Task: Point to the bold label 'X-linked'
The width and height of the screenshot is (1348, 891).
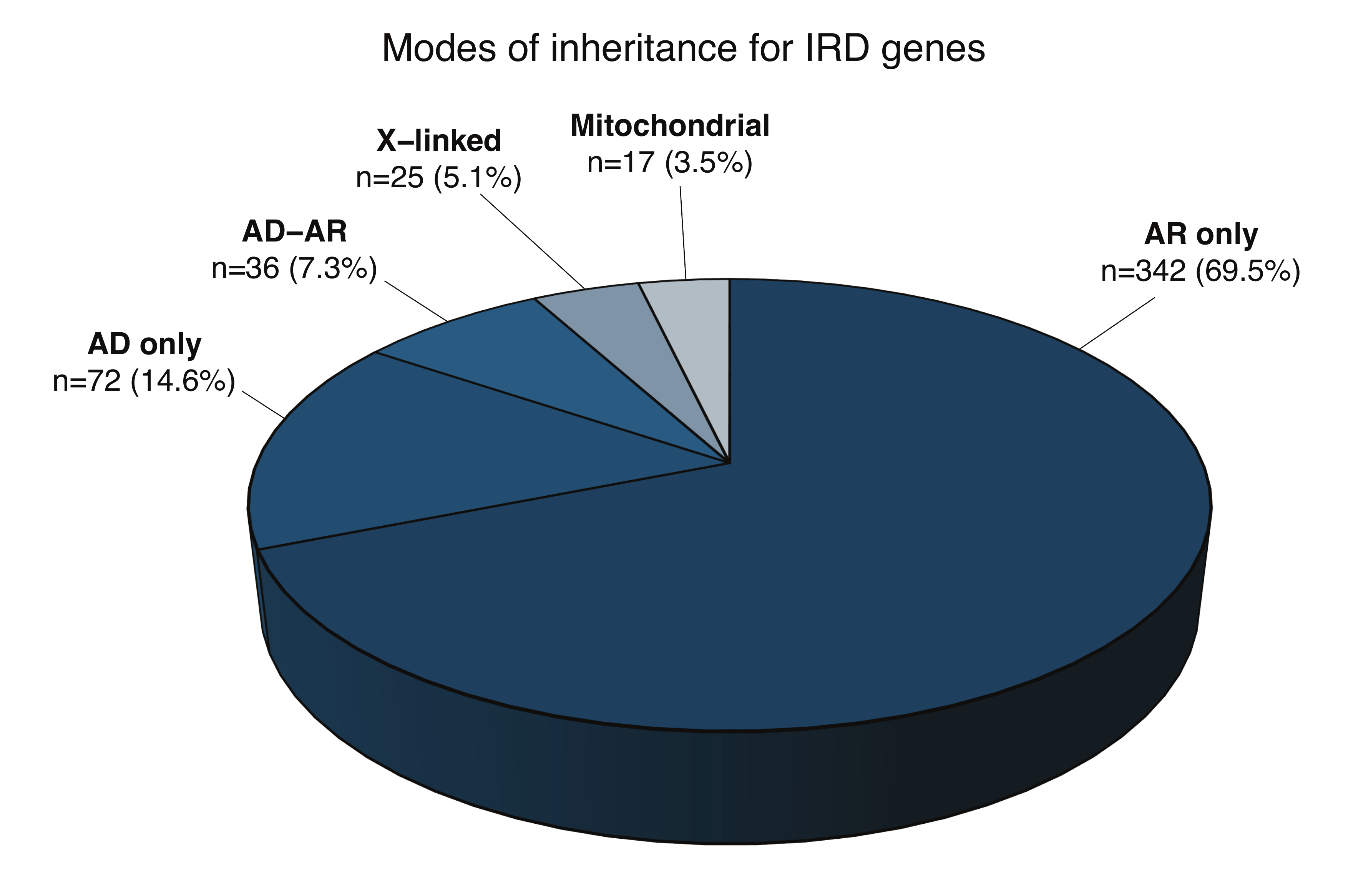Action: pos(439,141)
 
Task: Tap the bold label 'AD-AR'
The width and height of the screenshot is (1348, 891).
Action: pos(294,232)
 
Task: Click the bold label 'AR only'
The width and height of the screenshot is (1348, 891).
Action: pos(1200,235)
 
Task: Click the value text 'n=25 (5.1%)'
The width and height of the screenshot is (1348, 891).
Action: pos(438,178)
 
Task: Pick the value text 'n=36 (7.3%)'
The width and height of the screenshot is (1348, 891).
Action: pos(294,269)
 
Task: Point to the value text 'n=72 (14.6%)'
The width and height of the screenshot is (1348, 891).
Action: pos(144,382)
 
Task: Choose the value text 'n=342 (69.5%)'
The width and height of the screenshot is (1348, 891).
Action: pos(1200,272)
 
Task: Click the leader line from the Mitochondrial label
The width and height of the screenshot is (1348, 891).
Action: pos(683,233)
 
